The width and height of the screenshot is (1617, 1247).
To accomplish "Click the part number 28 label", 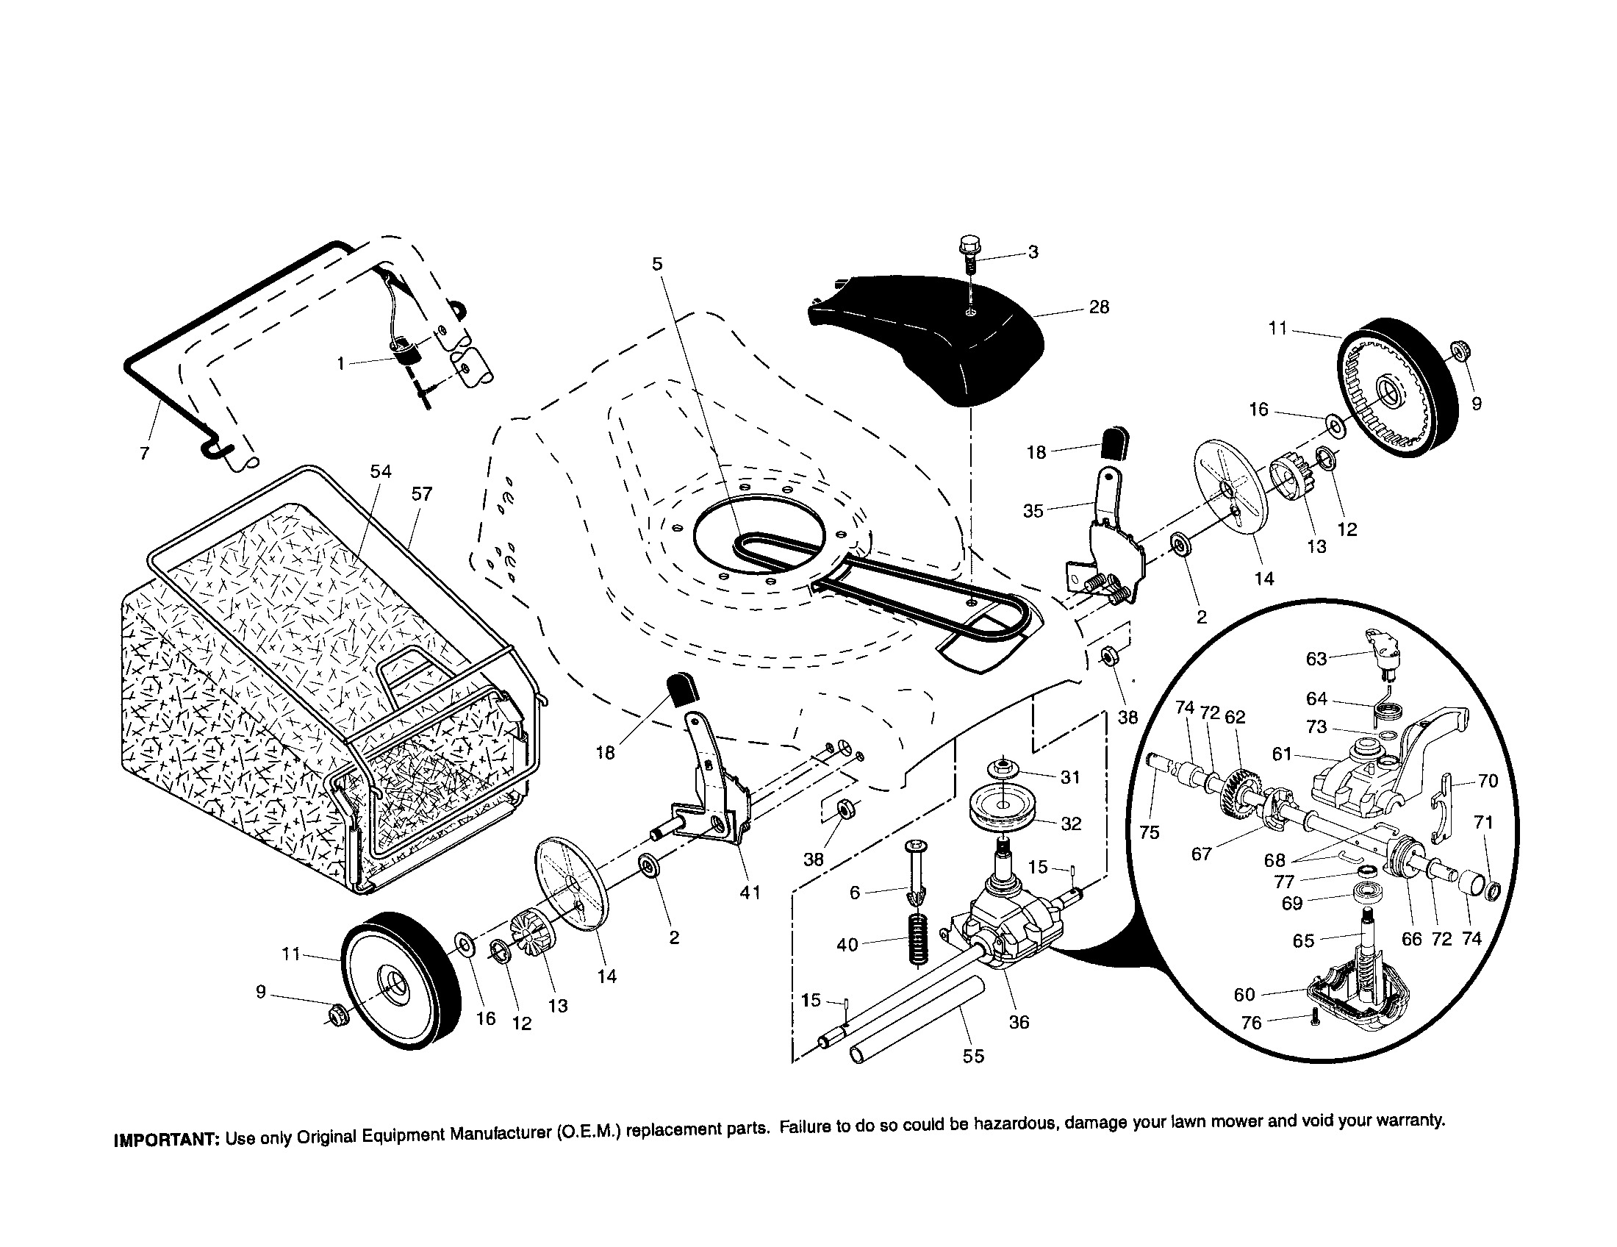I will pos(1099,307).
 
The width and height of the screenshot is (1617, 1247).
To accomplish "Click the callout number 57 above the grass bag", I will pos(421,494).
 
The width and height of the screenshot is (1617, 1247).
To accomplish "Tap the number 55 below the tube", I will pos(973,1057).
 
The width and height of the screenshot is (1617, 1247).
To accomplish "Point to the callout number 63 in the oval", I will pos(1316,659).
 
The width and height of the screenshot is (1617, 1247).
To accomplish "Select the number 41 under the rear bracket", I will pos(750,893).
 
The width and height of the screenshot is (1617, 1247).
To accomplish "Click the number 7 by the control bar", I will pos(144,453).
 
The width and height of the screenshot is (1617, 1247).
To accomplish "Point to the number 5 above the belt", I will pos(658,265).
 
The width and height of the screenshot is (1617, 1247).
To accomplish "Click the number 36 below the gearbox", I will pos(1019,1022).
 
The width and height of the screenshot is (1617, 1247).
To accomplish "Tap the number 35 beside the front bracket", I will pos(1033,511).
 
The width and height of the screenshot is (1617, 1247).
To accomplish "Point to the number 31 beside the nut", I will pos(1071,777).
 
